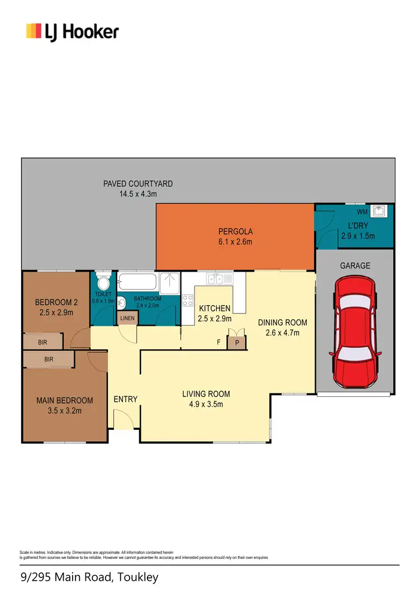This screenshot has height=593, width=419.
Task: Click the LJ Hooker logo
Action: click(x=72, y=31)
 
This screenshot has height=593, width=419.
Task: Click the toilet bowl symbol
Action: click(x=103, y=280)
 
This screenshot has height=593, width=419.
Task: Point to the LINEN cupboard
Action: click(x=127, y=318)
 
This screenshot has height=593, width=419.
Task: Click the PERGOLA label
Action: click(x=236, y=231)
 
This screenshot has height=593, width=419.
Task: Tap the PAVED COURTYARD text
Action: click(x=138, y=183)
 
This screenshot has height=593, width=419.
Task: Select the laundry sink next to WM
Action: click(x=380, y=211)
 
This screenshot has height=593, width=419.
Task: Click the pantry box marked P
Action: click(x=237, y=343)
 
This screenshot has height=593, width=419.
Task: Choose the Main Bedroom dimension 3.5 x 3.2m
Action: click(x=64, y=411)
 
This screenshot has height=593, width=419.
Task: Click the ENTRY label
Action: click(x=125, y=399)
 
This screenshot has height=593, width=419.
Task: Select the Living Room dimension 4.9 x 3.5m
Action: click(x=206, y=404)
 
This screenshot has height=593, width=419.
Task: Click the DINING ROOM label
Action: click(x=282, y=322)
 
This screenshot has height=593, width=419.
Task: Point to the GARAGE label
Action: click(x=355, y=266)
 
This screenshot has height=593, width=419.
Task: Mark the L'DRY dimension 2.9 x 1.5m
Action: click(x=358, y=236)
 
